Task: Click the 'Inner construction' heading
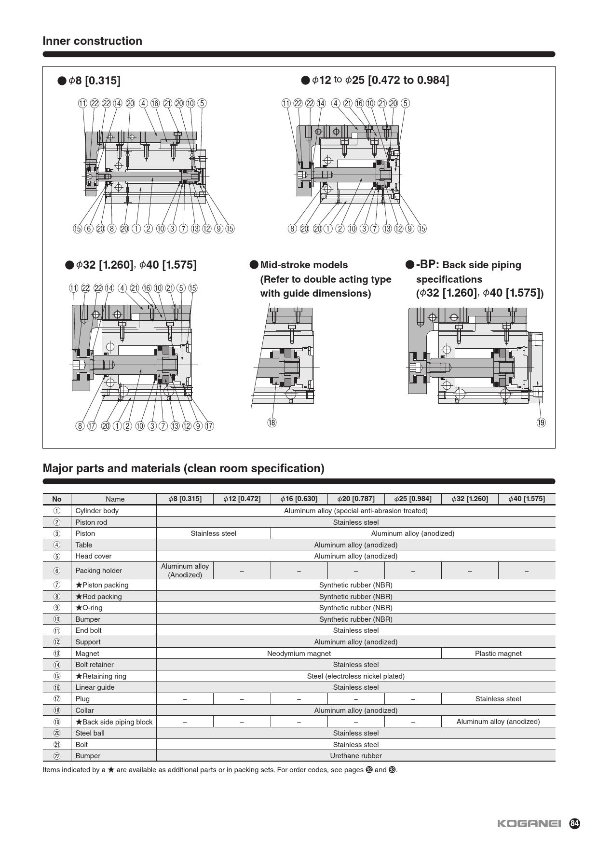[92, 41]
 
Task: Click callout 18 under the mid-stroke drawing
[272, 423]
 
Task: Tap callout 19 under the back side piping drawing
[541, 423]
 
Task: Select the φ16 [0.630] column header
[299, 499]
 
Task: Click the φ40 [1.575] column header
[527, 499]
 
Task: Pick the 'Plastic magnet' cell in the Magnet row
[498, 654]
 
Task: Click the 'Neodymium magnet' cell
[299, 654]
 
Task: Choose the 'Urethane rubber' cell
[356, 756]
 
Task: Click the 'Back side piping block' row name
[114, 722]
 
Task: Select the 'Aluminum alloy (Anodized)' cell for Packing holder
[185, 571]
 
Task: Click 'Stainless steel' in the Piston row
[213, 533]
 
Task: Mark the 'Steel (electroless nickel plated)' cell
[356, 676]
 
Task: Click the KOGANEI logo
[529, 823]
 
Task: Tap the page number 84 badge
[574, 823]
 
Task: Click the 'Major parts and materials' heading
[183, 468]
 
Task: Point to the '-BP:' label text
[427, 264]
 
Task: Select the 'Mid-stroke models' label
[304, 265]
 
